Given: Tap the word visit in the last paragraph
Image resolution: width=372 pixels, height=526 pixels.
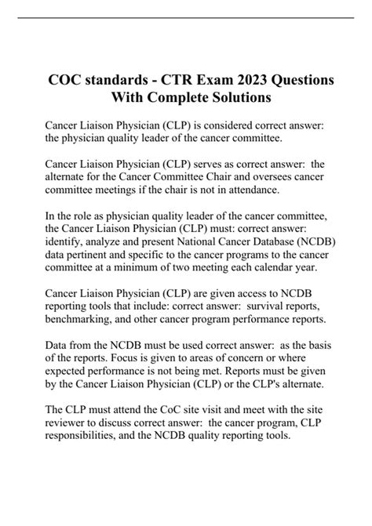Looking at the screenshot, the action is [224, 432].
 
